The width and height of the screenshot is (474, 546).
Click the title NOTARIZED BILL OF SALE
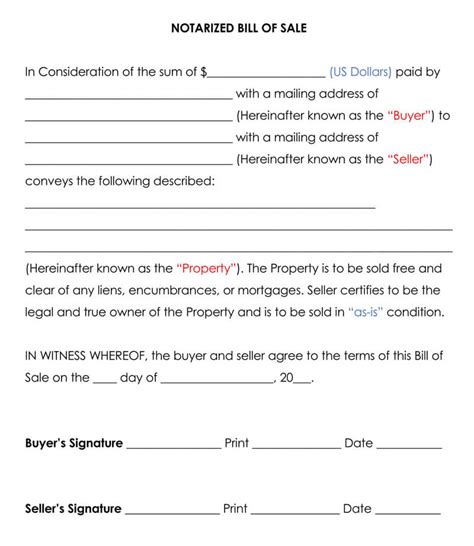click(237, 29)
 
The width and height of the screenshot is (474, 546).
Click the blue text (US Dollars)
click(360, 72)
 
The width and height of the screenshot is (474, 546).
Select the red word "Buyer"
click(410, 115)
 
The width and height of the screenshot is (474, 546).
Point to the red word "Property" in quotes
click(207, 268)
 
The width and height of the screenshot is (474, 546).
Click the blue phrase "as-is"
click(371, 312)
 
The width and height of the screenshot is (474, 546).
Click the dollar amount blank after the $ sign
click(267, 74)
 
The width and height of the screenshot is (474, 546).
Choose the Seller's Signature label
click(73, 509)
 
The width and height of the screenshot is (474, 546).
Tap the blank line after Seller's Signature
click(171, 512)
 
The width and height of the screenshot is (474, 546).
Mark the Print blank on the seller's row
click(294, 512)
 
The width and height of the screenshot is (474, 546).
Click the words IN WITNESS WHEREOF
click(85, 356)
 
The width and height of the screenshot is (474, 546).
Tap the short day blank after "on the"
click(105, 381)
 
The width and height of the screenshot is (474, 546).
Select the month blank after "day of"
click(217, 381)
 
